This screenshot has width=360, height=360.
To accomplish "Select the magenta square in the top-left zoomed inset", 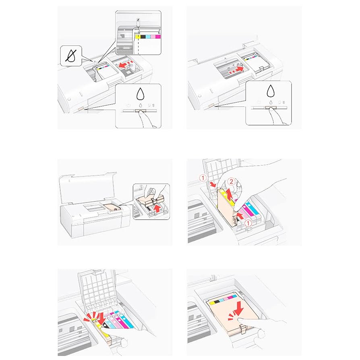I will click(157, 37).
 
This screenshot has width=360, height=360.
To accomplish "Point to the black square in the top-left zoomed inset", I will click(143, 37).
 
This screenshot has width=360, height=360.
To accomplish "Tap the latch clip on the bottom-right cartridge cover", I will click(242, 329).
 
